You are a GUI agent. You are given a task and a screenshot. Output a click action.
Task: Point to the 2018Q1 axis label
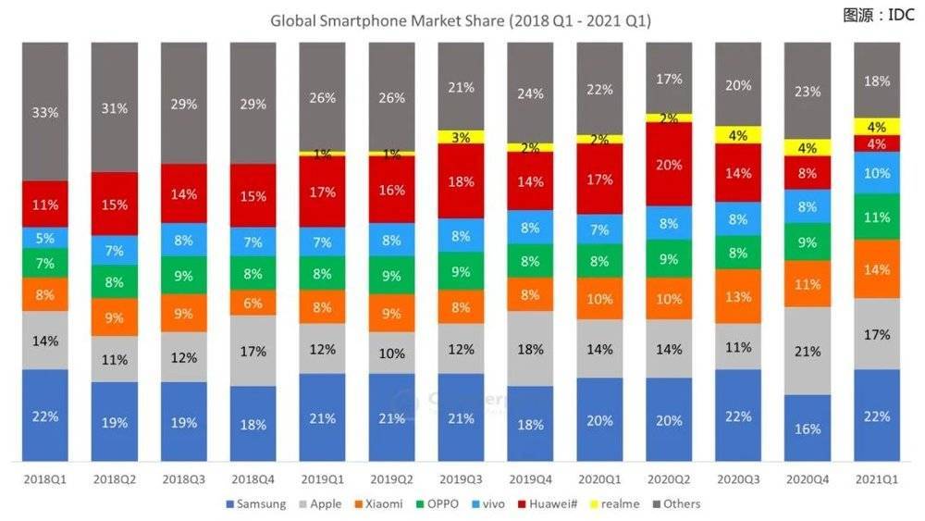tap(45, 481)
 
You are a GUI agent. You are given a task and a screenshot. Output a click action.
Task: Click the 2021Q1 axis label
tap(876, 481)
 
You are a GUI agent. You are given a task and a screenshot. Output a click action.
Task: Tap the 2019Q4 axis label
tap(531, 481)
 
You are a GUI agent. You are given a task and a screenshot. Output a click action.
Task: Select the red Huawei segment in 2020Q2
tap(670, 165)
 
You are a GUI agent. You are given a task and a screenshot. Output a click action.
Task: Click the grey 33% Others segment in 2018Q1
tap(45, 111)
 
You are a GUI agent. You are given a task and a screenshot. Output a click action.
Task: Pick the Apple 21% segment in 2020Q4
tap(807, 352)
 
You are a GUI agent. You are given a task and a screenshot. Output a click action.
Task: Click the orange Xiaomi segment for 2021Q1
tap(876, 269)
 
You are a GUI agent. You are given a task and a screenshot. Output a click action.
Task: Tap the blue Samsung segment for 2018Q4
tap(253, 424)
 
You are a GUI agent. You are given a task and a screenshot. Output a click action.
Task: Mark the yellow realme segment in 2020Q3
tap(739, 135)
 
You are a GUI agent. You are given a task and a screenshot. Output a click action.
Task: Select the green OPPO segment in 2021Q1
tap(876, 217)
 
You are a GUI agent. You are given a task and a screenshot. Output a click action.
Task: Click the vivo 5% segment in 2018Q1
tap(45, 238)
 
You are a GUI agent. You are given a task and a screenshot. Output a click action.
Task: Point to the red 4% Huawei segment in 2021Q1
tap(876, 144)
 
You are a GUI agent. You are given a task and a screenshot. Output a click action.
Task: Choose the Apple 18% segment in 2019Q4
tap(531, 349)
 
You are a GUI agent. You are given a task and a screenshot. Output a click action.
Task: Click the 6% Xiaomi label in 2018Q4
tap(253, 302)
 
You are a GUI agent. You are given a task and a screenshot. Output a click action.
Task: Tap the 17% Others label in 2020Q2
tap(670, 80)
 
